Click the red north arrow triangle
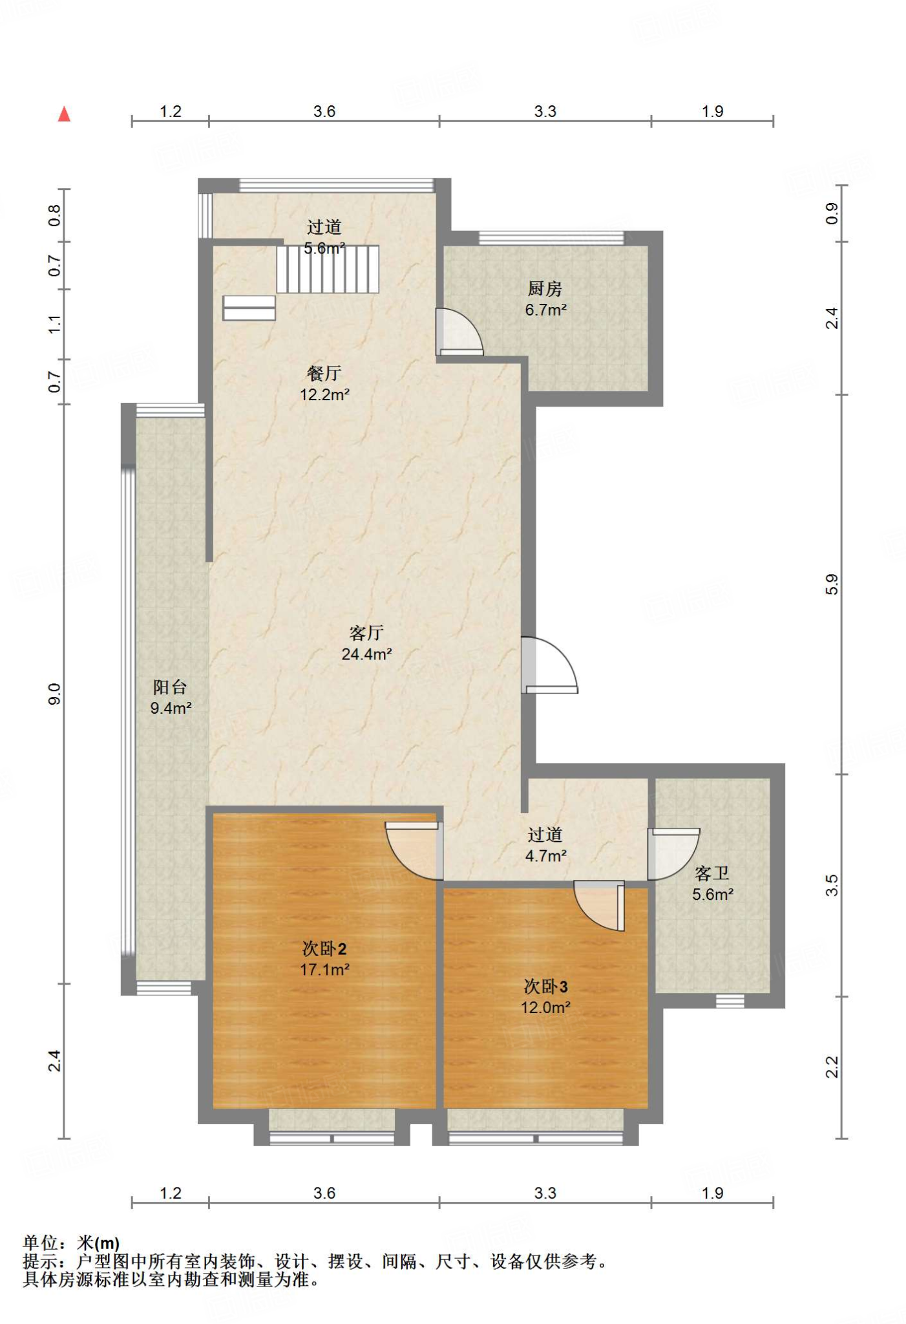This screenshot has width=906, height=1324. [64, 114]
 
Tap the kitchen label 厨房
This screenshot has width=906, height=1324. [545, 289]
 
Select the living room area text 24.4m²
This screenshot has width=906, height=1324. [367, 654]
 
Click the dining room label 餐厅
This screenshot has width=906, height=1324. [324, 374]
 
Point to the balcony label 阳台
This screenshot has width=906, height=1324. [170, 687]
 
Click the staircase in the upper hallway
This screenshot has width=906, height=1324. [328, 269]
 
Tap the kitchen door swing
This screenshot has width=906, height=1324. [459, 332]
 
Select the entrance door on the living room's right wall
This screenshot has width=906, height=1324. [549, 665]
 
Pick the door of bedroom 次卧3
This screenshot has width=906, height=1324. [599, 906]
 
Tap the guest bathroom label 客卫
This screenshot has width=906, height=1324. [712, 874]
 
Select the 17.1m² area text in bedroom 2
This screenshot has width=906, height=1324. [324, 970]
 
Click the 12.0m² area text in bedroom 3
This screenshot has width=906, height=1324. [545, 1007]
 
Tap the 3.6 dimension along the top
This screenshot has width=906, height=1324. [324, 111]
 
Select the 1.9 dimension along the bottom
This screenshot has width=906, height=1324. [712, 1193]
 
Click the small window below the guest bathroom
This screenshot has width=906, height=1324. [730, 1001]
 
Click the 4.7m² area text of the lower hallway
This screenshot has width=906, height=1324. [545, 856]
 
